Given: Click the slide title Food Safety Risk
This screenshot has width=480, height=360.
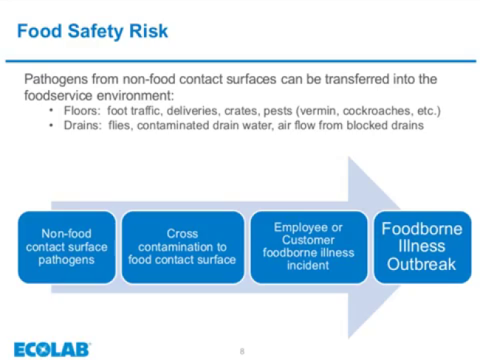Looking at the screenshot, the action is pos(92,32).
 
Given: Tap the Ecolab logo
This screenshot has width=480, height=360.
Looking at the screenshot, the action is pos(52,350).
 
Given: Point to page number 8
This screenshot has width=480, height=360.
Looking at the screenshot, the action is pos(241,351).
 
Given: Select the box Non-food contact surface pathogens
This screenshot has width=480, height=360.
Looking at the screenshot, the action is pos(66,247).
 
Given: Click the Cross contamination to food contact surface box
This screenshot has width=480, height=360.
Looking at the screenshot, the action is pos(182,247).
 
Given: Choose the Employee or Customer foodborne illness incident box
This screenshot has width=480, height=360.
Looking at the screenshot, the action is pos(309,247).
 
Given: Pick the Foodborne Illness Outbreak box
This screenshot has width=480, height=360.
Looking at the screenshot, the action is pos(422,247).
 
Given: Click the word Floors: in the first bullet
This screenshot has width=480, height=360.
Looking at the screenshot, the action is pos(82,111).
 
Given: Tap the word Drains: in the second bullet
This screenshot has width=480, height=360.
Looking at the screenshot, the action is pos(83,125).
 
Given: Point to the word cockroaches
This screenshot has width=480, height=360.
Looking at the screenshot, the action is pos(377,111).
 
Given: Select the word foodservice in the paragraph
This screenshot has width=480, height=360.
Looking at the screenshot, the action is pos(58,96).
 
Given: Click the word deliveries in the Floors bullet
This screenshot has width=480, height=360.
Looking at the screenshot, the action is pos(193,111).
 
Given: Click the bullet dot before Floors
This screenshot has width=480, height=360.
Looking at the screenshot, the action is pos(51,111).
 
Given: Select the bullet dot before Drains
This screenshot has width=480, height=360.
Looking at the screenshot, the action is pos(51,125).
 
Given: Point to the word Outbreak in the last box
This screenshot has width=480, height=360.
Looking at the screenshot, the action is pos(422,264).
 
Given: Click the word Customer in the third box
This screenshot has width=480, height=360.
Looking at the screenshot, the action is pos(308,240).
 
